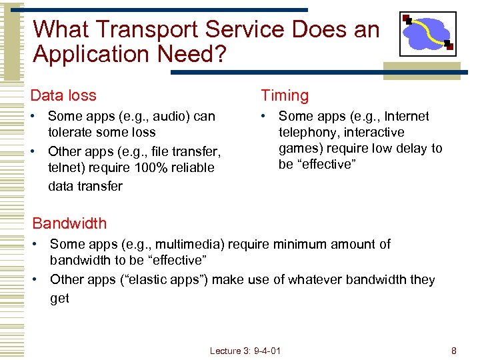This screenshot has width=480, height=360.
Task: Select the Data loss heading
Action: point(63,95)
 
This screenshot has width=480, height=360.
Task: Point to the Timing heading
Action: point(285,95)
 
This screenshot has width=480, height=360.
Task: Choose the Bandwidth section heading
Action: point(69,223)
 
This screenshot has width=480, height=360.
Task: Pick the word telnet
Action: point(64,168)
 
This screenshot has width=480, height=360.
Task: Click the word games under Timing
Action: point(297,148)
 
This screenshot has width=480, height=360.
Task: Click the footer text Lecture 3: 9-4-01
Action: point(245,351)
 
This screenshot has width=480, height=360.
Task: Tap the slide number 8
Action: point(453,351)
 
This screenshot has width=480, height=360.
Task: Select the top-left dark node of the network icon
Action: point(405,18)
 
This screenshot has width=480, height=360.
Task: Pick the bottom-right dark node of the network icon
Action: point(449,46)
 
